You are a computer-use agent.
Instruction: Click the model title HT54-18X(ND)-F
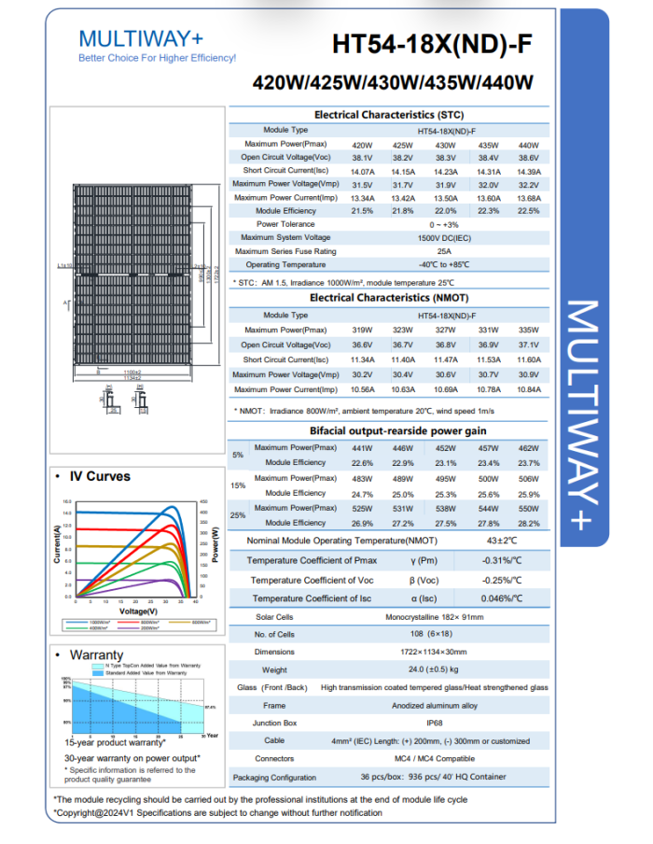(434, 45)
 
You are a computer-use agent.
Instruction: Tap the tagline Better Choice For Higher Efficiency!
(158, 58)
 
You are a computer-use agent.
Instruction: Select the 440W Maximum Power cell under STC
(529, 145)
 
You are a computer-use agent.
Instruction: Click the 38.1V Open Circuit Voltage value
(362, 158)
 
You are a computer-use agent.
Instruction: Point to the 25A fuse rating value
(444, 251)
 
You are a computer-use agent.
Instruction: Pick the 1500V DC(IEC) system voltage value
(444, 238)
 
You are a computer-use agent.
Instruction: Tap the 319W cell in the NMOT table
(362, 330)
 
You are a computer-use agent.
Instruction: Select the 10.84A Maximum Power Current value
(529, 389)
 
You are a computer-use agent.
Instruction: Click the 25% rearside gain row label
(238, 515)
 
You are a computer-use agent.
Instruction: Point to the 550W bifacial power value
(529, 508)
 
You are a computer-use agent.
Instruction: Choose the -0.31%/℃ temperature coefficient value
(501, 560)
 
